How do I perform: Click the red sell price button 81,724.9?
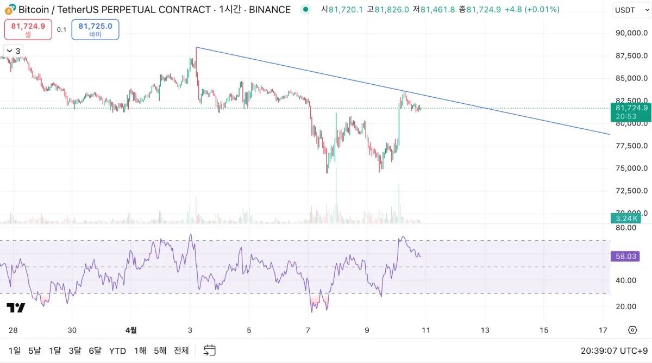(x=28, y=29)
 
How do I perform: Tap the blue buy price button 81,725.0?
(x=95, y=29)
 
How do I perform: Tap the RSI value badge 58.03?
(x=625, y=255)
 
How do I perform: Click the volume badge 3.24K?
(x=626, y=218)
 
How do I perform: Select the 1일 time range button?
(x=15, y=351)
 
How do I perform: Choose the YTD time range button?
(x=117, y=351)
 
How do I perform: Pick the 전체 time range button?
(x=181, y=351)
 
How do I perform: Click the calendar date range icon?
(x=210, y=351)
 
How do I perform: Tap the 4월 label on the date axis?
(x=131, y=330)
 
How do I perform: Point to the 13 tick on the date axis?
(x=485, y=330)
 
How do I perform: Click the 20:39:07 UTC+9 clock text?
(x=613, y=351)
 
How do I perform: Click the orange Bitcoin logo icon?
(x=10, y=9)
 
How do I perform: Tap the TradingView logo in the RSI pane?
(x=16, y=308)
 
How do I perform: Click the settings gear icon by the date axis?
(x=632, y=330)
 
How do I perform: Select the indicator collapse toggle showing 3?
(x=12, y=51)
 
